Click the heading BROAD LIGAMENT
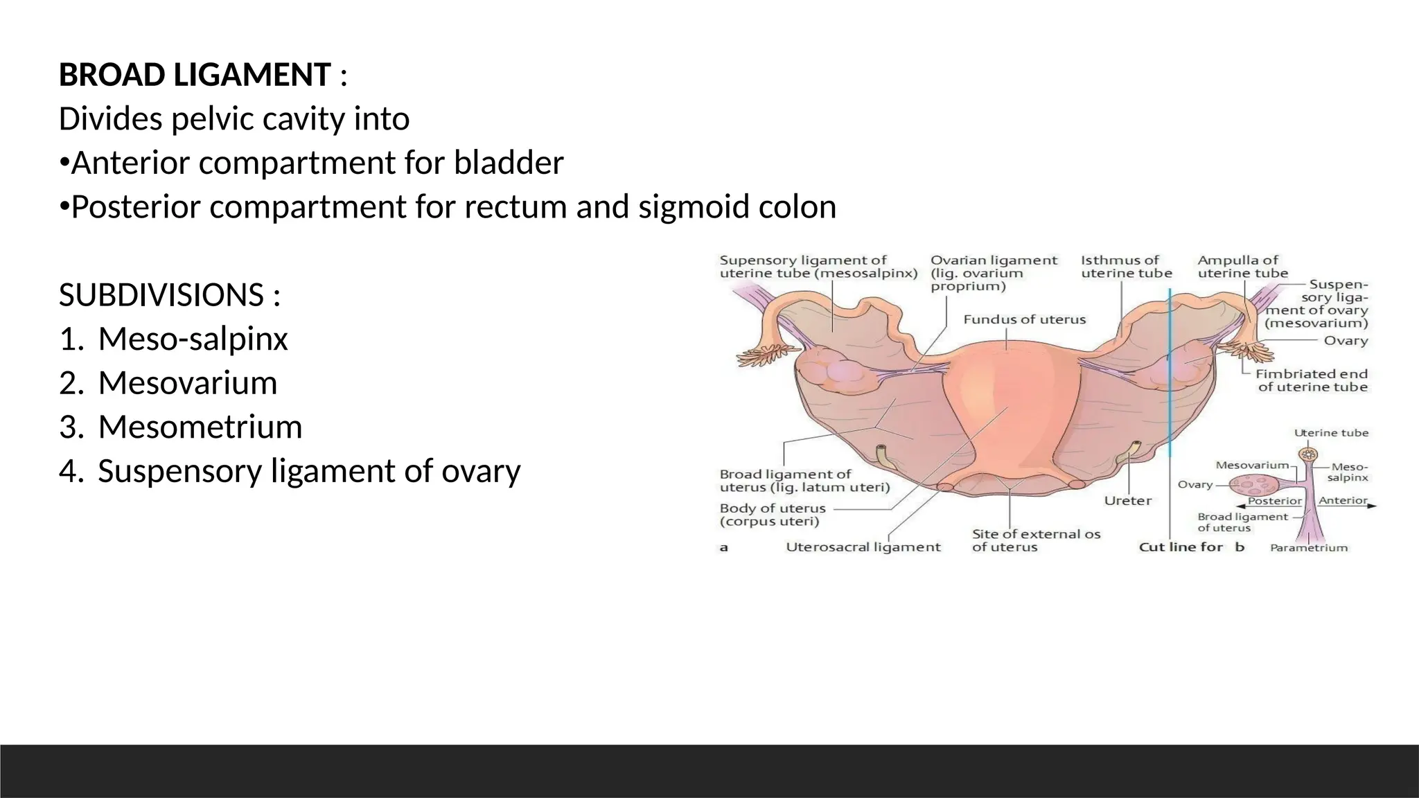pyautogui.click(x=195, y=75)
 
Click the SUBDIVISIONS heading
pyautogui.click(x=161, y=296)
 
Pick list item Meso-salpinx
pyautogui.click(x=193, y=339)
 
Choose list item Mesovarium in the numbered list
pyautogui.click(x=187, y=383)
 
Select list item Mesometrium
pyautogui.click(x=200, y=427)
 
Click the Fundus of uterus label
pyautogui.click(x=1024, y=319)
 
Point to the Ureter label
pyautogui.click(x=1127, y=500)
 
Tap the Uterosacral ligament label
pyautogui.click(x=863, y=547)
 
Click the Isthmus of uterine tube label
pyautogui.click(x=1126, y=267)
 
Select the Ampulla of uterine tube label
pyautogui.click(x=1242, y=267)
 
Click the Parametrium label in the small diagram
pyautogui.click(x=1308, y=548)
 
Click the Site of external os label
pyautogui.click(x=1035, y=540)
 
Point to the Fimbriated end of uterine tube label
pyautogui.click(x=1312, y=380)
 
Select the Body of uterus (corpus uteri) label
pyautogui.click(x=773, y=515)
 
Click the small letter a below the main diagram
pyautogui.click(x=723, y=547)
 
